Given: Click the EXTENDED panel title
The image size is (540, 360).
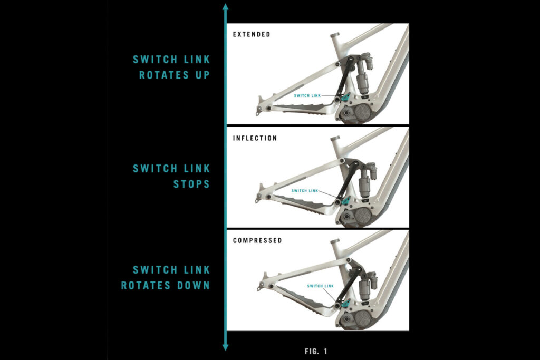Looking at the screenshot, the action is (252, 34).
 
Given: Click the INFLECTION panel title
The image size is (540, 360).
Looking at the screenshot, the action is (255, 138).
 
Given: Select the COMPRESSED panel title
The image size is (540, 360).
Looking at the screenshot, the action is (257, 240).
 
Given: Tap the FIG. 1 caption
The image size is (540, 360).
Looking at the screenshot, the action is (316, 351).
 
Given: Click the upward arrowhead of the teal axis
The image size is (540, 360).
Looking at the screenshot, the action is (226, 7).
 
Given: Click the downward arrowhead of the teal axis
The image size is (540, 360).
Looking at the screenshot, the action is (226, 347).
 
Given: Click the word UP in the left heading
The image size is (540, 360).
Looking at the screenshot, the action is (203, 75).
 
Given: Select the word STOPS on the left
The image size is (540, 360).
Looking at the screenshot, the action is (191, 184).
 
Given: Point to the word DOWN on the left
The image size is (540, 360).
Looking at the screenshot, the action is (194, 285).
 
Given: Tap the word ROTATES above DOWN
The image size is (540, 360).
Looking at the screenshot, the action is (146, 285).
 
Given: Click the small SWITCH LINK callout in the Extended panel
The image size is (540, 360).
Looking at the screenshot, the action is (307, 95).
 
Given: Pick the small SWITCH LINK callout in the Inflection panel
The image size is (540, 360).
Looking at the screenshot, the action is (305, 191).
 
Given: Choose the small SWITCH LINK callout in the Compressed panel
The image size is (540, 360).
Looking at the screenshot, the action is (320, 286).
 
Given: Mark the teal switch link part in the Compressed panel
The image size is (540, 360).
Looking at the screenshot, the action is (346, 303).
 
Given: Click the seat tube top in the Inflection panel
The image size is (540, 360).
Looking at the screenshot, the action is (335, 139).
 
